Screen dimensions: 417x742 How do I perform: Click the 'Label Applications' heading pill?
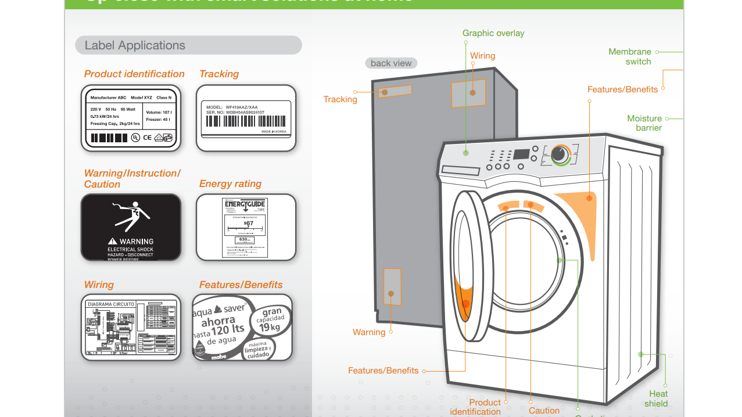click(188, 45)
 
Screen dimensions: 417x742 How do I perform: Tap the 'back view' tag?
click(391, 63)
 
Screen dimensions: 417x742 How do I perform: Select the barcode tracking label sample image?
click(246, 118)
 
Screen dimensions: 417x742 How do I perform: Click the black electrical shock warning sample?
click(131, 227)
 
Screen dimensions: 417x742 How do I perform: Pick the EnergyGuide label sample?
click(245, 227)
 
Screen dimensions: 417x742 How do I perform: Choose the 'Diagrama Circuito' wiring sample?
click(131, 327)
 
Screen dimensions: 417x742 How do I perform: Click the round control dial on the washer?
click(560, 154)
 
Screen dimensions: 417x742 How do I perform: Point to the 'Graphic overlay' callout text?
click(493, 33)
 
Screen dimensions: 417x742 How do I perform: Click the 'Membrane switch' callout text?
click(630, 56)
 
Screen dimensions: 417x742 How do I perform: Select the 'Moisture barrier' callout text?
click(644, 123)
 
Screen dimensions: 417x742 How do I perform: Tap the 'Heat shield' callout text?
click(657, 398)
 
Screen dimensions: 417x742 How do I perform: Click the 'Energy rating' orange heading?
click(230, 184)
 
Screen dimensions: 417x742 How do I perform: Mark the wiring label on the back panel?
click(468, 93)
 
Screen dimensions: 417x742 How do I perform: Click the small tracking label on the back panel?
click(395, 92)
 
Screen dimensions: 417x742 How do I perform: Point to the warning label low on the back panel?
click(392, 286)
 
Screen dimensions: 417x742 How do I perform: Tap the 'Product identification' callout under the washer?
click(476, 407)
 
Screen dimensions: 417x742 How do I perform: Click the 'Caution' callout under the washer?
click(544, 410)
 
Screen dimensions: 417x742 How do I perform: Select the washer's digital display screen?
click(521, 156)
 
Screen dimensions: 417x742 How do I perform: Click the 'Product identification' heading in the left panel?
click(134, 74)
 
